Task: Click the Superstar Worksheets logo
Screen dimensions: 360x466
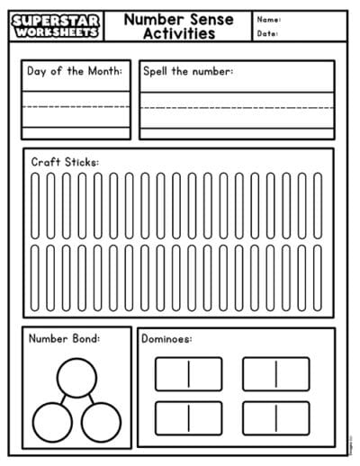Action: (x=58, y=25)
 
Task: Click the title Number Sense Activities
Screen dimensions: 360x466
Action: (x=178, y=26)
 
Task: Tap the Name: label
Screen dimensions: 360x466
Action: (x=268, y=19)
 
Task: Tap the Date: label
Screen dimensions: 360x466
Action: (x=267, y=34)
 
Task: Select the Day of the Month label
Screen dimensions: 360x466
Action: (x=75, y=71)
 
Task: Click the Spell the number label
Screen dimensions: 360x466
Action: (x=187, y=71)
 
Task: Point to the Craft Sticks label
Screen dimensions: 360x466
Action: (x=65, y=162)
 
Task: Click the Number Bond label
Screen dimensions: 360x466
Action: (x=64, y=339)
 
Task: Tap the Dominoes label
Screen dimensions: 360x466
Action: (x=167, y=339)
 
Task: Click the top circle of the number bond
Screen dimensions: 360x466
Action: (x=76, y=376)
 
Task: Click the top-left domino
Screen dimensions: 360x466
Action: (x=188, y=373)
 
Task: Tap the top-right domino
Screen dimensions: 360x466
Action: (x=275, y=373)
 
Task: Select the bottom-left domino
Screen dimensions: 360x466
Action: (x=188, y=417)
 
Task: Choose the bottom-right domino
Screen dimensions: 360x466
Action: (x=275, y=417)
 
